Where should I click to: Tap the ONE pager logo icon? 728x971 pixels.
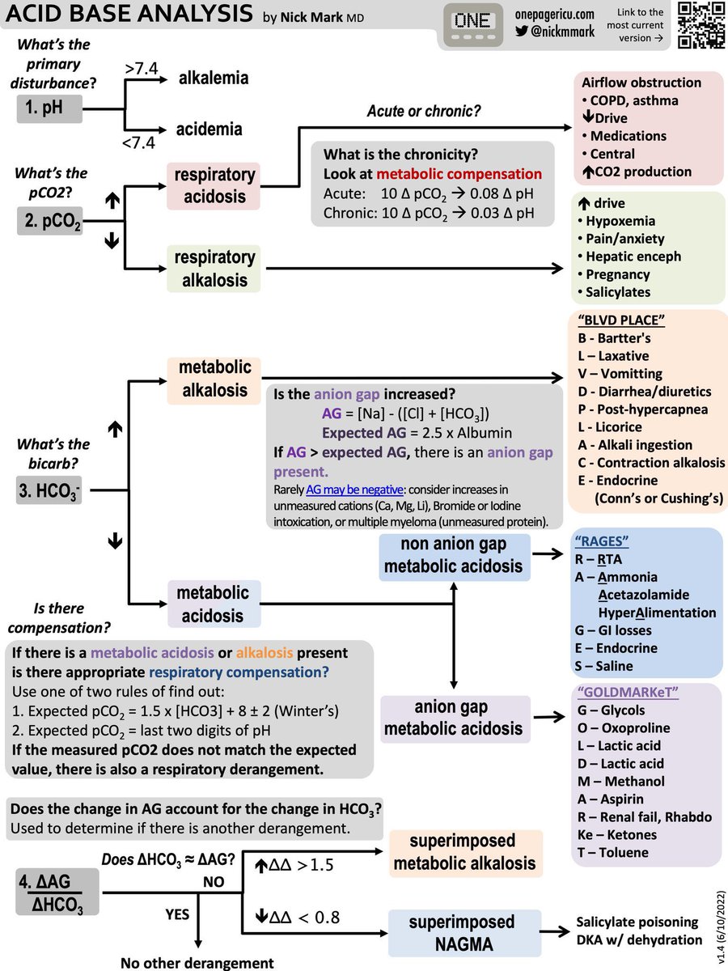(472, 26)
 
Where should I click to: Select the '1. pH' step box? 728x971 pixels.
(49, 108)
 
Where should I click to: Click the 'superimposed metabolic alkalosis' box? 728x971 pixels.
(462, 852)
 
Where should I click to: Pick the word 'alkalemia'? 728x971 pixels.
(213, 78)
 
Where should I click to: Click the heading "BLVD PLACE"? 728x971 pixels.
(621, 320)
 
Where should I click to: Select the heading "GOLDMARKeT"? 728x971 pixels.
(620, 693)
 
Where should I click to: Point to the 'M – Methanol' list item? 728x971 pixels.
(620, 781)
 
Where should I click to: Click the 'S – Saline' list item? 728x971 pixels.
(603, 666)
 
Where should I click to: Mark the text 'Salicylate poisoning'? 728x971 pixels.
(638, 922)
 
